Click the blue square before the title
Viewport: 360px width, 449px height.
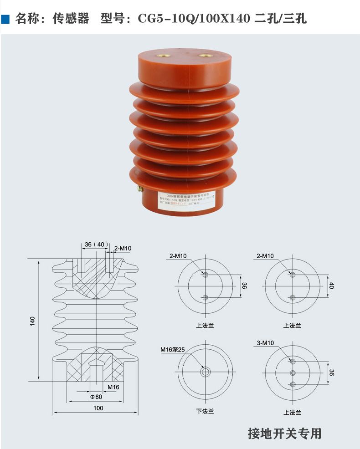(x=6, y=19)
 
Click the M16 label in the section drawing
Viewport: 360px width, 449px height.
(x=113, y=387)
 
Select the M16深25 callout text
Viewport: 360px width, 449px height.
(x=172, y=350)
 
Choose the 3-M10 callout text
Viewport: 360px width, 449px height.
(x=265, y=343)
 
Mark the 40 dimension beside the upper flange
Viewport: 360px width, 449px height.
(x=331, y=286)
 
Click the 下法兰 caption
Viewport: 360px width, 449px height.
(x=205, y=411)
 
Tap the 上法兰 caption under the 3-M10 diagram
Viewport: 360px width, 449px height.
(x=292, y=412)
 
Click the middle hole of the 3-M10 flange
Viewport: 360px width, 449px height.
(x=293, y=372)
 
